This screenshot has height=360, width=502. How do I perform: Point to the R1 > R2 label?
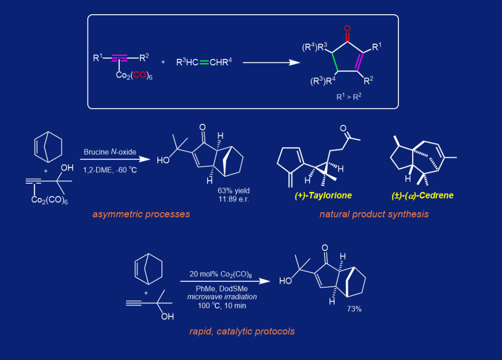pyautogui.click(x=349, y=97)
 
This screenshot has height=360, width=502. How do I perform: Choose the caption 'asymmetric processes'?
pyautogui.click(x=141, y=214)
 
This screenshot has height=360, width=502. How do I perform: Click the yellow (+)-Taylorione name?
pyautogui.click(x=323, y=195)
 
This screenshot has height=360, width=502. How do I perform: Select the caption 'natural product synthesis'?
pyautogui.click(x=374, y=214)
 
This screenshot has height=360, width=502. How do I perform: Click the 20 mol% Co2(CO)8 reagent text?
pyautogui.click(x=218, y=274)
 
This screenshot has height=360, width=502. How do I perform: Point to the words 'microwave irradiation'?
pyautogui.click(x=222, y=297)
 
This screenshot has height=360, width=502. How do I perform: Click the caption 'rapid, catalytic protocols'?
pyautogui.click(x=242, y=332)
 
